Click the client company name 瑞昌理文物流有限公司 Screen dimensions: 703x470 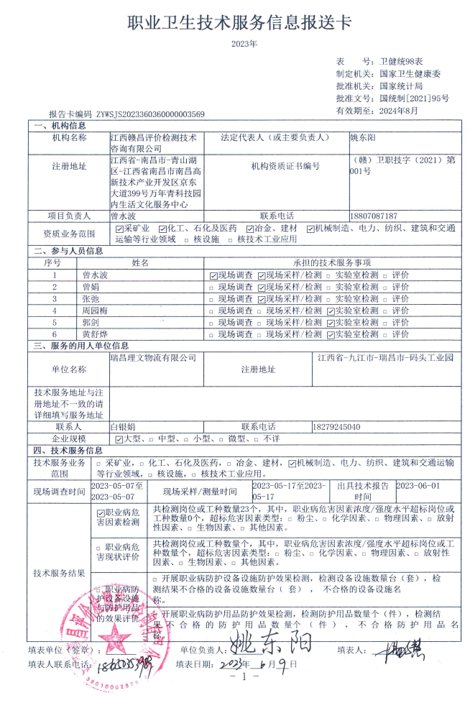153,357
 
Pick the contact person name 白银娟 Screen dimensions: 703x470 122,426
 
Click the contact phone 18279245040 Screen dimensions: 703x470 337,426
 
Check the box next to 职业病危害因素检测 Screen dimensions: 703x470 101,513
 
